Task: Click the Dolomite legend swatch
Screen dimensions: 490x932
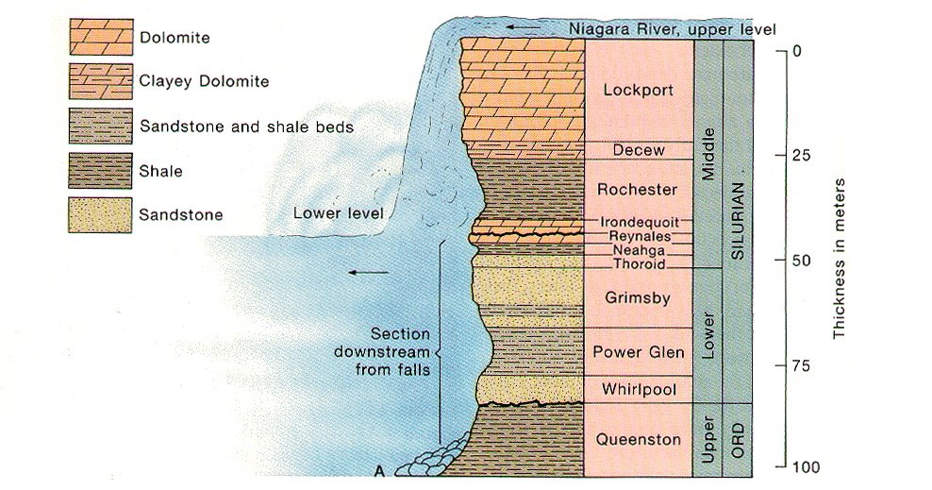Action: point(97,39)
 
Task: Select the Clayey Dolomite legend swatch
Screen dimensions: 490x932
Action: point(97,81)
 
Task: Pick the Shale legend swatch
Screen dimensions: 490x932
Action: point(97,171)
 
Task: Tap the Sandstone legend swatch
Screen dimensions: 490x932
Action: point(97,214)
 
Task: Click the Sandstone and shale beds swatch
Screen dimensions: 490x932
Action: point(97,126)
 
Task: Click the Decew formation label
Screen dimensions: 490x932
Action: point(639,150)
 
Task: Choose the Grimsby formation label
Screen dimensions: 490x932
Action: point(639,299)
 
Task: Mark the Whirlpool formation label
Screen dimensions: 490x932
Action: point(639,389)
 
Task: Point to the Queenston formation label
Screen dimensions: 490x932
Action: point(639,440)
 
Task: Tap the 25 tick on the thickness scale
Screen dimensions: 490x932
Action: point(784,155)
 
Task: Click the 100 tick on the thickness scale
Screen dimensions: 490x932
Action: point(782,467)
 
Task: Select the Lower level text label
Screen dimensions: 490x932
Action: point(337,213)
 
